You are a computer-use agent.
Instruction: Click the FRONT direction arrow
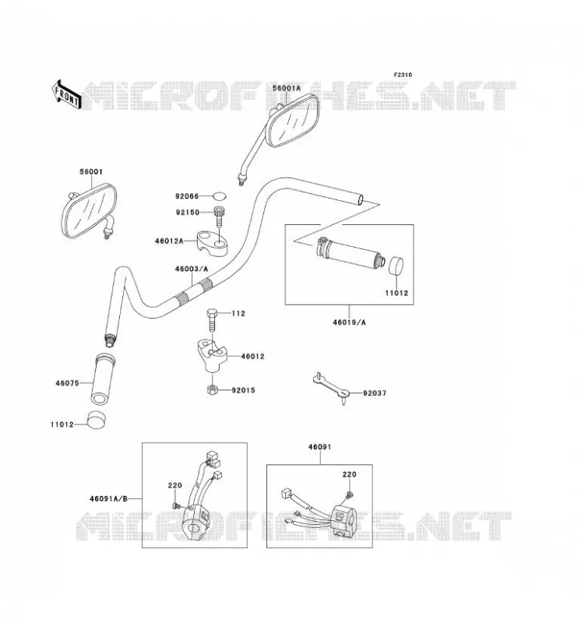click(x=66, y=94)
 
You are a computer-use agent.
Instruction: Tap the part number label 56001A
click(x=287, y=88)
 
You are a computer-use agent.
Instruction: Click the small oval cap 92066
click(x=219, y=196)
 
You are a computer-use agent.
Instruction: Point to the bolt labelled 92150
click(x=218, y=216)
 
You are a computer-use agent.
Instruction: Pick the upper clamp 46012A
click(x=213, y=243)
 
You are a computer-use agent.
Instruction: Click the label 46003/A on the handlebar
click(x=191, y=269)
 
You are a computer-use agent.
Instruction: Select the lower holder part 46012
click(x=213, y=355)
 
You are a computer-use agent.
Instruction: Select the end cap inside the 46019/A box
click(x=396, y=266)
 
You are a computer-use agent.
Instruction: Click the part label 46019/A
click(x=349, y=322)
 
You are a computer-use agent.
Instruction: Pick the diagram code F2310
click(x=403, y=75)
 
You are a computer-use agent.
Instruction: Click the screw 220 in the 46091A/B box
click(x=176, y=505)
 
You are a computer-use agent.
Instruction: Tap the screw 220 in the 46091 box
click(x=350, y=495)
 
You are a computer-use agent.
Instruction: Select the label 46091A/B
click(x=108, y=498)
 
